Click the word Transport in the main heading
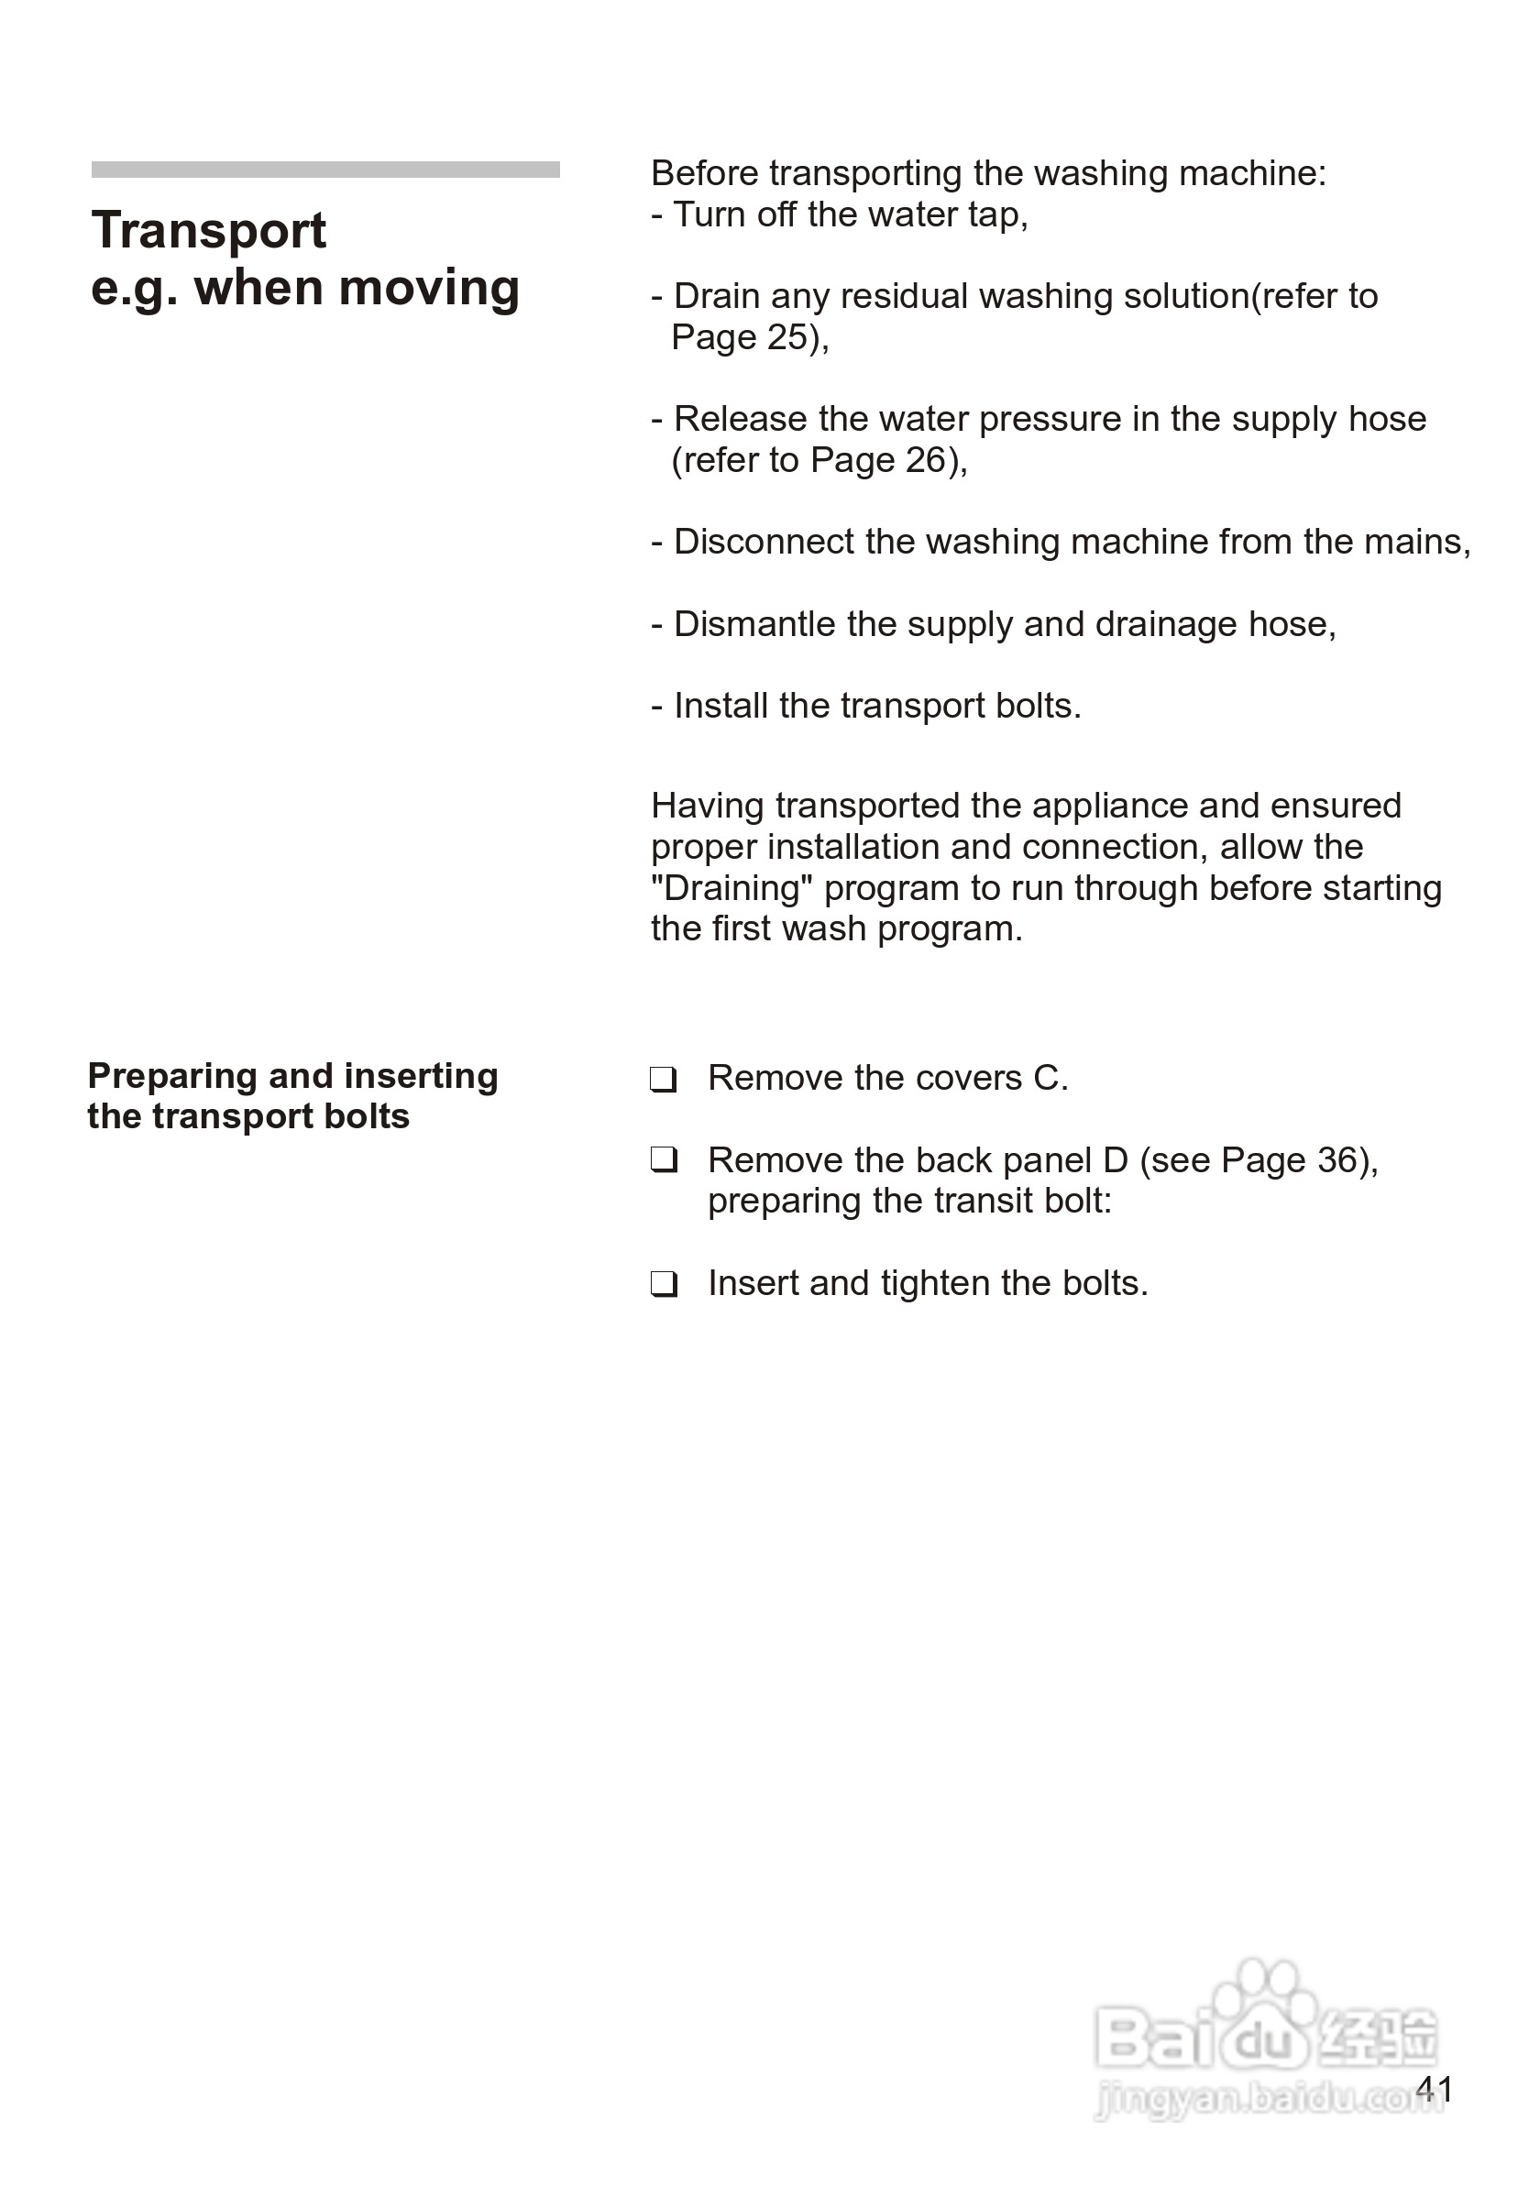click(x=208, y=231)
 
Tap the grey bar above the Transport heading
click(x=324, y=170)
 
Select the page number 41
click(x=1434, y=2089)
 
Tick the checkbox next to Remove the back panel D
click(x=664, y=1160)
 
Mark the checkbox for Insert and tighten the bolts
click(x=664, y=1284)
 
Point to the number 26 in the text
click(x=925, y=461)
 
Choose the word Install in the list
click(x=720, y=706)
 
